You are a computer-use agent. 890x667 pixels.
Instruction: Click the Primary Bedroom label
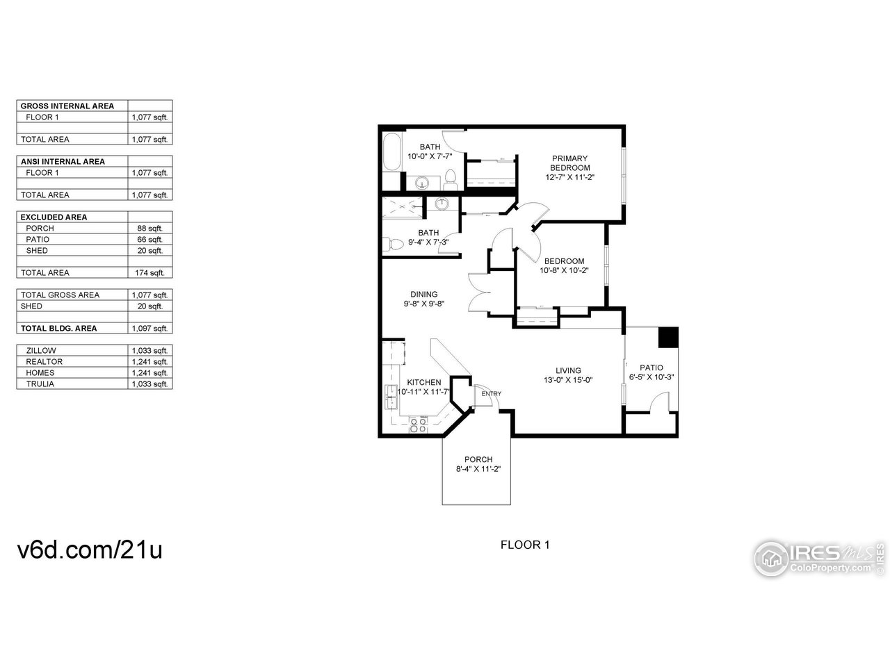pyautogui.click(x=569, y=163)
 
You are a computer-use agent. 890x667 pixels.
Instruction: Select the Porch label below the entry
pyautogui.click(x=478, y=459)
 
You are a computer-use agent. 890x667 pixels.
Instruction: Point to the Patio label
pyautogui.click(x=652, y=368)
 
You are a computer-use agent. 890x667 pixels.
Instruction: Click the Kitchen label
pyautogui.click(x=423, y=382)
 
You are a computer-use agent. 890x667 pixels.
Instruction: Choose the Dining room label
pyautogui.click(x=423, y=294)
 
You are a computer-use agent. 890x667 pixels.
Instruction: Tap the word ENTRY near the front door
pyautogui.click(x=491, y=394)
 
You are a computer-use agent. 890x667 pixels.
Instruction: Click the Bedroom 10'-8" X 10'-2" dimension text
pyautogui.click(x=564, y=271)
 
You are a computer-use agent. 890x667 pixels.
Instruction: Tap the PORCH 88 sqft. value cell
pyautogui.click(x=150, y=229)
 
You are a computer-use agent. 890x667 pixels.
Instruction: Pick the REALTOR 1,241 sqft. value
pyautogui.click(x=150, y=362)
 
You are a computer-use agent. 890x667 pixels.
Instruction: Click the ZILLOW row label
pyautogui.click(x=41, y=351)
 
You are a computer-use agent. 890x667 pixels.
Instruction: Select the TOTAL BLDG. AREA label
pyautogui.click(x=59, y=329)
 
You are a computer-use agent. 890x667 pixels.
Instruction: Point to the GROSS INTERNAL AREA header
pyautogui.click(x=67, y=106)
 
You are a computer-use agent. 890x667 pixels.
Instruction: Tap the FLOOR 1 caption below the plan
pyautogui.click(x=525, y=545)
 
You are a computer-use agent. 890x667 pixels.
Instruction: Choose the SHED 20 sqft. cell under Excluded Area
pyautogui.click(x=150, y=251)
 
